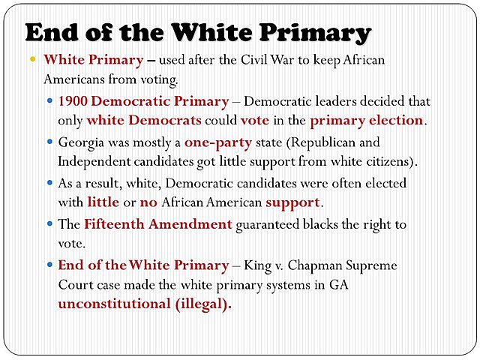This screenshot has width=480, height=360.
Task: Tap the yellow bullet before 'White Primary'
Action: coord(32,59)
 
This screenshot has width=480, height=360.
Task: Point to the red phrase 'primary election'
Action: coord(367,120)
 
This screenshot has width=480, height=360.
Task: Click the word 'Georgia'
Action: coord(81,142)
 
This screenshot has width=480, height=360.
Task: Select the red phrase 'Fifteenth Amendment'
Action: coord(157,224)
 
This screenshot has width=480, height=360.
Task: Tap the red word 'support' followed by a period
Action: coord(292,202)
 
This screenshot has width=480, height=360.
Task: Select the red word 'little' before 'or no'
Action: coord(103,202)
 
